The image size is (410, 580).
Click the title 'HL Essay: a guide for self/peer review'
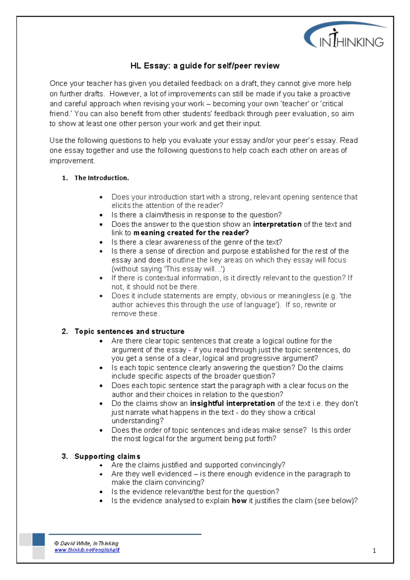205,66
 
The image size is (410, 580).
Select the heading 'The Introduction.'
101,178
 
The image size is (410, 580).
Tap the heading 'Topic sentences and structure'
129,331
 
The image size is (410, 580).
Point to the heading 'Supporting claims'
107,456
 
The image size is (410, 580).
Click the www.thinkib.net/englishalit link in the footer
87,550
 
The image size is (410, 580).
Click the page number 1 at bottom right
374,550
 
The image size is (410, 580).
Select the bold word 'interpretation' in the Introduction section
277,224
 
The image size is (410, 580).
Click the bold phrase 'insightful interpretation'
232,403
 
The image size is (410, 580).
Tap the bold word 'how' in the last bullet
239,501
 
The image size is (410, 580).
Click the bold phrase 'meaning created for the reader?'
191,233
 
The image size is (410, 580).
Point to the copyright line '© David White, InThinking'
86,543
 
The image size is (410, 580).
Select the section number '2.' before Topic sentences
65,331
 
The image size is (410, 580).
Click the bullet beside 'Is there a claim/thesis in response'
101,215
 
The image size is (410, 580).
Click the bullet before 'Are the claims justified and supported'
101,465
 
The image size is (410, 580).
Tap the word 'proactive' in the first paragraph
335,94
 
